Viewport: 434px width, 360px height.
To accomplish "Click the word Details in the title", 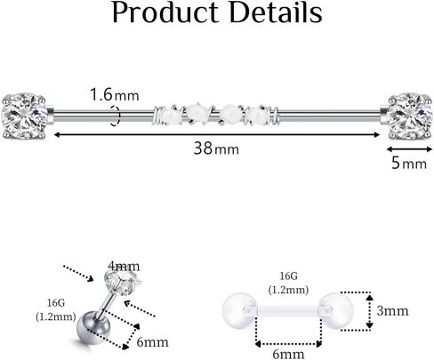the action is click(276, 12).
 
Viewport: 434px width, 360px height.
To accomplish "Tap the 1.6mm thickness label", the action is click(115, 95).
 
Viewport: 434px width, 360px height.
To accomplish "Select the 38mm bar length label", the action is click(216, 148).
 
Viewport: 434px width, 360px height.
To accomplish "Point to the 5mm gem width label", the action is click(409, 163).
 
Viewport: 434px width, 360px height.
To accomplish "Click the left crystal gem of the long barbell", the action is click(24, 116).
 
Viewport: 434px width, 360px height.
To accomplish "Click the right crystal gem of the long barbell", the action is click(409, 116).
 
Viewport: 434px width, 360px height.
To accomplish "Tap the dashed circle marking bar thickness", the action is click(116, 116).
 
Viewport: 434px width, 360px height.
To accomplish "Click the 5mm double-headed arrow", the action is click(409, 149).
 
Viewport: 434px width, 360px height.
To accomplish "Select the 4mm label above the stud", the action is click(124, 266).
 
